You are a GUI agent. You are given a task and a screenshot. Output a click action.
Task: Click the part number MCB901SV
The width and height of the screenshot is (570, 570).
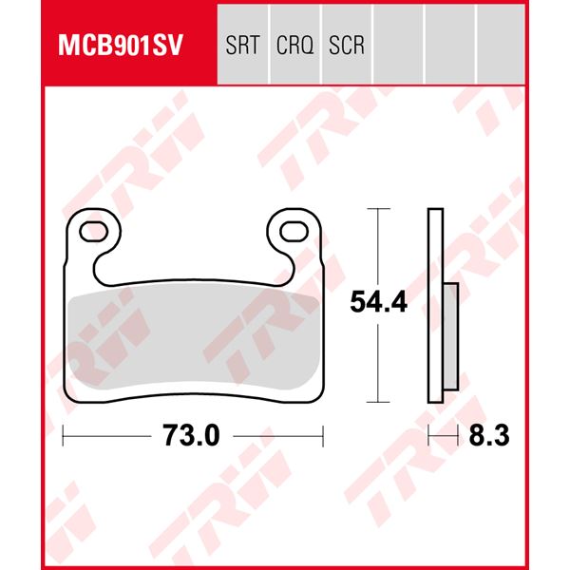pyautogui.click(x=121, y=45)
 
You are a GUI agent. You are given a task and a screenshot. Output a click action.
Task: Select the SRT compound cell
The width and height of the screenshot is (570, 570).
pyautogui.click(x=243, y=45)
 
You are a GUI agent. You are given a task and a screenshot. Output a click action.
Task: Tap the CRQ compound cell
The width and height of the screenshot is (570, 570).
pyautogui.click(x=294, y=45)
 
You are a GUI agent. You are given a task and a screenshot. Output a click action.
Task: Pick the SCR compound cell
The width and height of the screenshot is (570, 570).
pyautogui.click(x=347, y=45)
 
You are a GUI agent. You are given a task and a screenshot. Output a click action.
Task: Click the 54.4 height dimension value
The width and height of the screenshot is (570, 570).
pyautogui.click(x=378, y=302)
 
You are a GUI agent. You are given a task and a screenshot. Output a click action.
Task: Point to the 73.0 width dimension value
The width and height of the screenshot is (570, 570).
pyautogui.click(x=191, y=435)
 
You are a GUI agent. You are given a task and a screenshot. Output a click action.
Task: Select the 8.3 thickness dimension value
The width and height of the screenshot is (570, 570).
pyautogui.click(x=489, y=435)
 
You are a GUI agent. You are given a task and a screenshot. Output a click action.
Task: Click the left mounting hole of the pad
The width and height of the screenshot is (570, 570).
pyautogui.click(x=93, y=232)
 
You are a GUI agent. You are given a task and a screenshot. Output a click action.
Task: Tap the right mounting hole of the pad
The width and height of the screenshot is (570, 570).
pyautogui.click(x=294, y=232)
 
